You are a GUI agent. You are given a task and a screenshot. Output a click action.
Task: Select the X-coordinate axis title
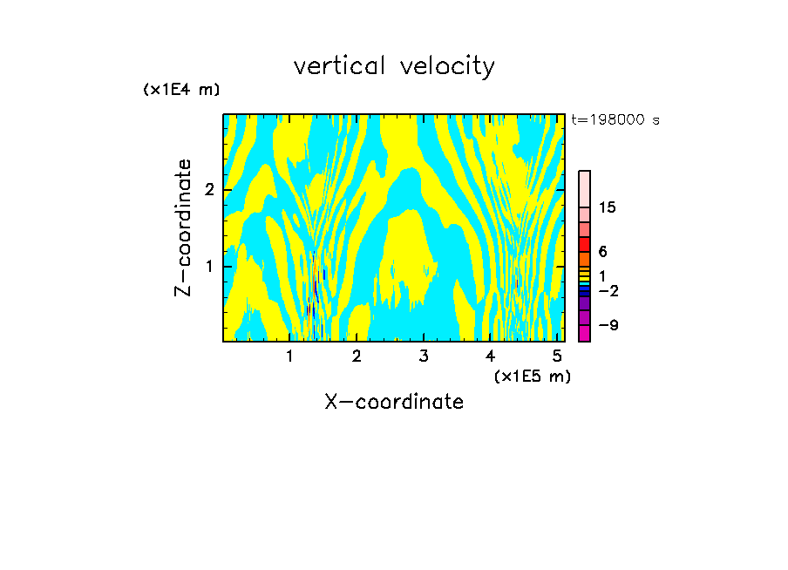394,402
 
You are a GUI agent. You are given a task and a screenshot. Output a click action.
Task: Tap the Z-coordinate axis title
183,227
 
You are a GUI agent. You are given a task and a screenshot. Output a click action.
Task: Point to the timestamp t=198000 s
615,119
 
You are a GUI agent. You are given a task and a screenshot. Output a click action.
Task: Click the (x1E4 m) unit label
181,89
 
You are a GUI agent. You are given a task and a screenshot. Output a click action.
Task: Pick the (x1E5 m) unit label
532,376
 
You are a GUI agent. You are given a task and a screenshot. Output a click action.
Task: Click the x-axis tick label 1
290,356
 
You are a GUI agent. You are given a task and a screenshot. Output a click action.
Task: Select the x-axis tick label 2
357,356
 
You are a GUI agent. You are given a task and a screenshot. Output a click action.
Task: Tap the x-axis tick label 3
424,356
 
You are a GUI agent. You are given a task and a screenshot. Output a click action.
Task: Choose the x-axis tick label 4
491,356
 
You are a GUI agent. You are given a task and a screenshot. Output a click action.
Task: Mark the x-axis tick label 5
557,356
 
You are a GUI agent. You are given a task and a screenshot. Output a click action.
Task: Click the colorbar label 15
608,207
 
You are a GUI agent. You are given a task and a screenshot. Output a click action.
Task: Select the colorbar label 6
603,252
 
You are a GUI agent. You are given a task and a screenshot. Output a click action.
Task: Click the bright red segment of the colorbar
585,244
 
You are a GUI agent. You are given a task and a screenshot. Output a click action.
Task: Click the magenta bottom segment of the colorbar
585,333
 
